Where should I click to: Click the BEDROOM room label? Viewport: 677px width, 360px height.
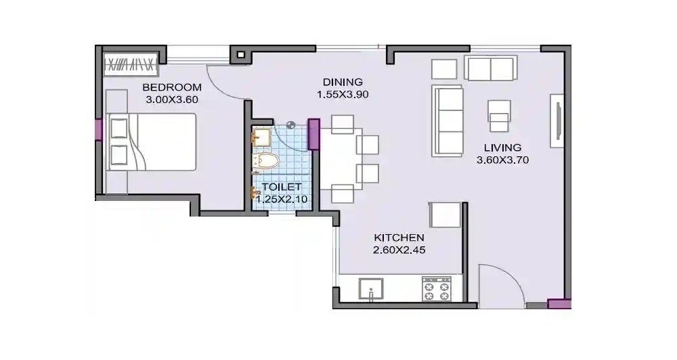171,87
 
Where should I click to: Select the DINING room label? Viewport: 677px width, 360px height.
342,82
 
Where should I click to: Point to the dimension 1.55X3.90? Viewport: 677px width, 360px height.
342,95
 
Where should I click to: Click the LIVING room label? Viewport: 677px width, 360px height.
502,148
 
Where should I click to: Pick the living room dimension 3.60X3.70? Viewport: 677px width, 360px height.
502,160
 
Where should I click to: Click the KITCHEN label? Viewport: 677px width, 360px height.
399,238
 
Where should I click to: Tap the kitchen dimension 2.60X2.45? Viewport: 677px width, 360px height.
399,250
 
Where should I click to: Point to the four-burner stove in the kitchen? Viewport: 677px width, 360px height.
437,288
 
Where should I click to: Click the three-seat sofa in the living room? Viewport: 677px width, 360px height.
447,120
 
